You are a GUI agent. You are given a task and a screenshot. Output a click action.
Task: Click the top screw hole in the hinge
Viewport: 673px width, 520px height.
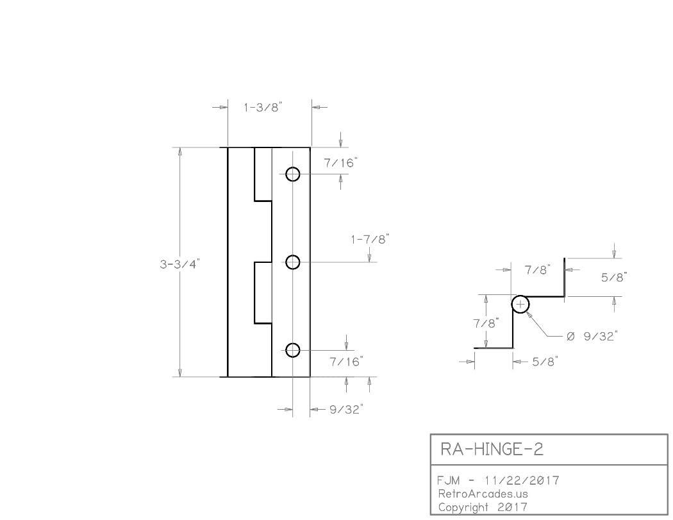[292, 174]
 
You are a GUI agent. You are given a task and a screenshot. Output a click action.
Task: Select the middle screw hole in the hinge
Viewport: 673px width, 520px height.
[292, 262]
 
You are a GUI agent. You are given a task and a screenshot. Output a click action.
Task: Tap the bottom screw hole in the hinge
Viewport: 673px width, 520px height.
[292, 350]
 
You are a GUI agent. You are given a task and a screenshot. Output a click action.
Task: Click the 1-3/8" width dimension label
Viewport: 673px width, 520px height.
[263, 108]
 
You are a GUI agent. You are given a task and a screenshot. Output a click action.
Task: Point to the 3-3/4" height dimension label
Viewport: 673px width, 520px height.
[180, 264]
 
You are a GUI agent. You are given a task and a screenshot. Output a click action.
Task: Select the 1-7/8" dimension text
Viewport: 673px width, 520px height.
[370, 240]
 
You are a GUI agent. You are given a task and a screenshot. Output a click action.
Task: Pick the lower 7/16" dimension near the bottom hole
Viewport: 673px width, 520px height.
[346, 362]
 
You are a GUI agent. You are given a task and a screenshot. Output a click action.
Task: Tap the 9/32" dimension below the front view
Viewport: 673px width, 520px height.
[346, 409]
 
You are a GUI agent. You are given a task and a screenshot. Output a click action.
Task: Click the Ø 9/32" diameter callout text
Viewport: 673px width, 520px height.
[591, 336]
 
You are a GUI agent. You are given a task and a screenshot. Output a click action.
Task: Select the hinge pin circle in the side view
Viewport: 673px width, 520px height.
[520, 305]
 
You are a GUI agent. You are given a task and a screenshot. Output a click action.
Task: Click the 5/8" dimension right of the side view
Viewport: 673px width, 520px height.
[613, 277]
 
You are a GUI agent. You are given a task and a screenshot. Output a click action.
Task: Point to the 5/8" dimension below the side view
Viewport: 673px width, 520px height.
[545, 362]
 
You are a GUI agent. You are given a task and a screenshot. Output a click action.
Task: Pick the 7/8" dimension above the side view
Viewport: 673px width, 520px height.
[538, 271]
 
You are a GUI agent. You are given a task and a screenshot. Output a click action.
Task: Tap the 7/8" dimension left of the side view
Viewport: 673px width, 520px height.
[485, 324]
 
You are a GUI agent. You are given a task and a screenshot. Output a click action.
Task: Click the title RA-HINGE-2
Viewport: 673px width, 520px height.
[492, 449]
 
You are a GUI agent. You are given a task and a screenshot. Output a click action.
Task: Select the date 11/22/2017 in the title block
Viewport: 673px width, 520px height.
[522, 480]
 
